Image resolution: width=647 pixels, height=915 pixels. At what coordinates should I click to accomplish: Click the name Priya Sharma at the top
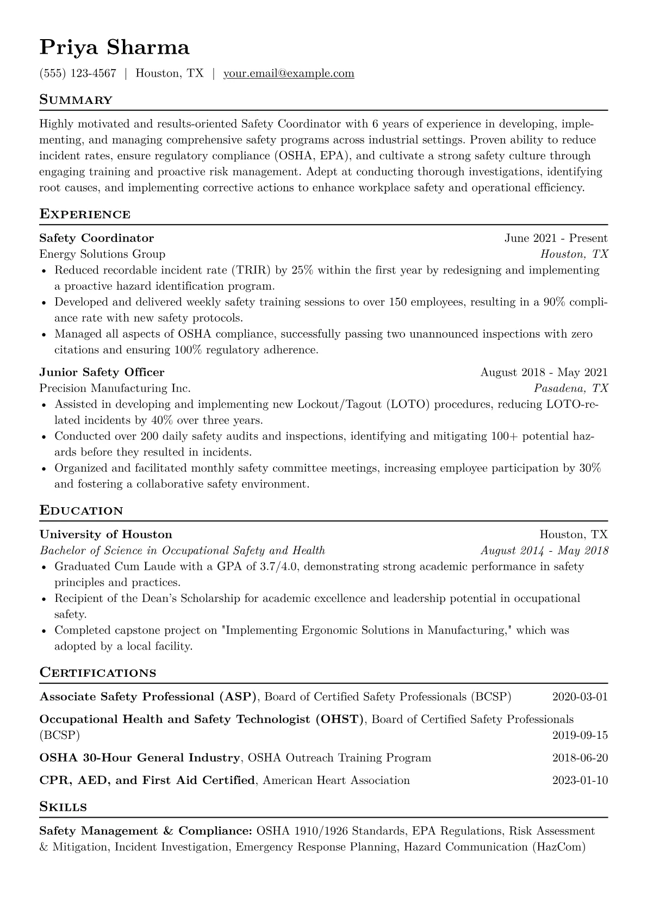pos(114,48)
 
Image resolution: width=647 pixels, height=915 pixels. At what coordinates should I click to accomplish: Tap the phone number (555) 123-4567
pos(78,73)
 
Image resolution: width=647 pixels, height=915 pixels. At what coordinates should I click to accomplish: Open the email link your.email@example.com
pos(289,73)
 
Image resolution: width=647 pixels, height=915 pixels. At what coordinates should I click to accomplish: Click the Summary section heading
pos(76,100)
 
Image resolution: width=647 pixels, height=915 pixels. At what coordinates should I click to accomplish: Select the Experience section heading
pos(85,214)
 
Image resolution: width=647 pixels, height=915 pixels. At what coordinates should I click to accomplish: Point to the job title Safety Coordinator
pos(97,238)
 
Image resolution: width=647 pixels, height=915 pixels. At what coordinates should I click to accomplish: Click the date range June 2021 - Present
pos(556,238)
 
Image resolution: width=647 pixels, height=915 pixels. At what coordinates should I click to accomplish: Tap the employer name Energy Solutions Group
pos(102,254)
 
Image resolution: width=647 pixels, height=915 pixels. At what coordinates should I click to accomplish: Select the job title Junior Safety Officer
pos(102,372)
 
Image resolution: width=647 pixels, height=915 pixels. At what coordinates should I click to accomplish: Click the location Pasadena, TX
pos(571,388)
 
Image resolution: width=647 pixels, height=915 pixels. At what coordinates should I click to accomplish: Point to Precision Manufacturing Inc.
pos(115,388)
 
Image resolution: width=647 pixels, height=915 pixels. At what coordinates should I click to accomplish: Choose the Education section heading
pos(81,511)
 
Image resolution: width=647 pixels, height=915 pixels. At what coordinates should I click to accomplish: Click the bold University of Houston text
pos(105,534)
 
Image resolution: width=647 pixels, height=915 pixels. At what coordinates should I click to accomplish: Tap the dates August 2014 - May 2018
pos(544,550)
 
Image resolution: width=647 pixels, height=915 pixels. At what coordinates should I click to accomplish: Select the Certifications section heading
pos(98,673)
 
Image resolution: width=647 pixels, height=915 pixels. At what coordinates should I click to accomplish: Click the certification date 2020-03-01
pos(580,697)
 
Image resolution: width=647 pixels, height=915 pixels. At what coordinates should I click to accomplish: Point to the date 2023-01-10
pos(580,781)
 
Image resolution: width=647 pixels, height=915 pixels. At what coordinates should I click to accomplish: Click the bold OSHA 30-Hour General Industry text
pos(140,758)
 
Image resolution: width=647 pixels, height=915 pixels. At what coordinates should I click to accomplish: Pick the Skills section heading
pos(63,807)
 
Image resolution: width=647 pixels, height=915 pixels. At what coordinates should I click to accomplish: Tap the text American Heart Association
pos(336,781)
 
